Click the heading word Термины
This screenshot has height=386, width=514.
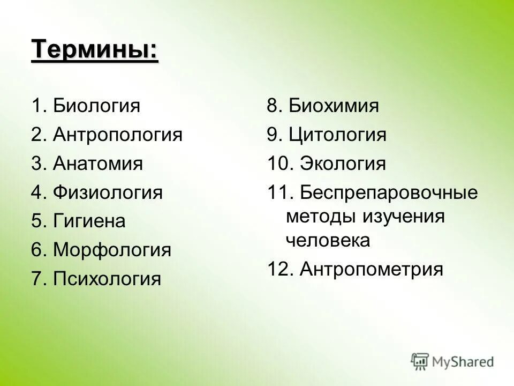pos(94,51)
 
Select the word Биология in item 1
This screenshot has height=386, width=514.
pos(97,106)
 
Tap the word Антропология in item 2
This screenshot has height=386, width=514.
pos(118,135)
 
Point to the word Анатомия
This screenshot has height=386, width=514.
pos(98,164)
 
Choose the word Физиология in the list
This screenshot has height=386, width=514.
pos(108,192)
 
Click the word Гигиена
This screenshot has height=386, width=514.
pos(89,221)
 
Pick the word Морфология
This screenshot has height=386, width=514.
pos(112,250)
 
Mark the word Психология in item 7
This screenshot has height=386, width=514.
pos(107,279)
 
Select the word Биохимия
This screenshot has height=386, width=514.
pos(334,106)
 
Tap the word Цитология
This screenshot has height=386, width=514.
pos(337,135)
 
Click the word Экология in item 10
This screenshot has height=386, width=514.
pos(343,164)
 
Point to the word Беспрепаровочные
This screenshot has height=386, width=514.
pos(389,192)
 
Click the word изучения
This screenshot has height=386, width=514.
pos(404,217)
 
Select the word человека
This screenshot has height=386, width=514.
pos(328,241)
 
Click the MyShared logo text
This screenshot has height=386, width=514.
pos(463,362)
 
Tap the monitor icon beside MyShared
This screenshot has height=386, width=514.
pos(420,361)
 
